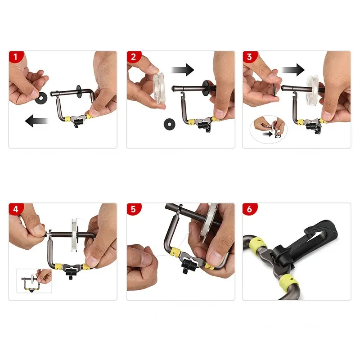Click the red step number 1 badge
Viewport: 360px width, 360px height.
pyautogui.click(x=16, y=57)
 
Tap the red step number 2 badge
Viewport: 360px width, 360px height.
pyautogui.click(x=133, y=57)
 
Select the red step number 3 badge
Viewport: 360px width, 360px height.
pyautogui.click(x=250, y=57)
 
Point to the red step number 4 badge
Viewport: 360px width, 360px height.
pyautogui.click(x=16, y=209)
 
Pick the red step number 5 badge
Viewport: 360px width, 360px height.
pyautogui.click(x=133, y=209)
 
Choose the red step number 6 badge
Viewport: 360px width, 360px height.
pyautogui.click(x=250, y=209)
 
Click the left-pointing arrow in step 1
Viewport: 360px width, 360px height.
pyautogui.click(x=36, y=121)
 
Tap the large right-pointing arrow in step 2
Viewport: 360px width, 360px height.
pyautogui.click(x=183, y=70)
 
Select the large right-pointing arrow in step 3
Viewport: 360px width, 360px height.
pyautogui.click(x=293, y=70)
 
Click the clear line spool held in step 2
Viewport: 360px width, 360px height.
pyautogui.click(x=159, y=88)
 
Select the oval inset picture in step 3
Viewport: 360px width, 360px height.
pyautogui.click(x=268, y=130)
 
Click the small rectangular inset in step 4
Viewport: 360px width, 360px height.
pyautogui.click(x=34, y=281)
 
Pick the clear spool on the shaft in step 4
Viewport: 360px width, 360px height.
pyautogui.click(x=75, y=235)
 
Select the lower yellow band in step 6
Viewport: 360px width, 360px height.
pyautogui.click(x=289, y=283)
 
